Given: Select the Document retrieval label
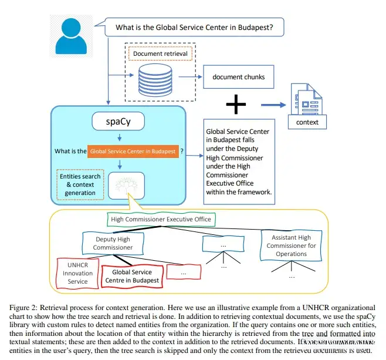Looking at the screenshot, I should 160,53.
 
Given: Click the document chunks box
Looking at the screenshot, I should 238,77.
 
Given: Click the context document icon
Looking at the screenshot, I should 306,106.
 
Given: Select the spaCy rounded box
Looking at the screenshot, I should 120,122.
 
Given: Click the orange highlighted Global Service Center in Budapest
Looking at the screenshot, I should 133,151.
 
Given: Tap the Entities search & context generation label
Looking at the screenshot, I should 80,184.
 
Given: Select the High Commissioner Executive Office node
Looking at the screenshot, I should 161,220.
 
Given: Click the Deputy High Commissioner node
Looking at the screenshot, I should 113,243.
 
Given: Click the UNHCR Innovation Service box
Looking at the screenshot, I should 78,272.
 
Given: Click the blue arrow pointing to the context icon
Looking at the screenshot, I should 272,106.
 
